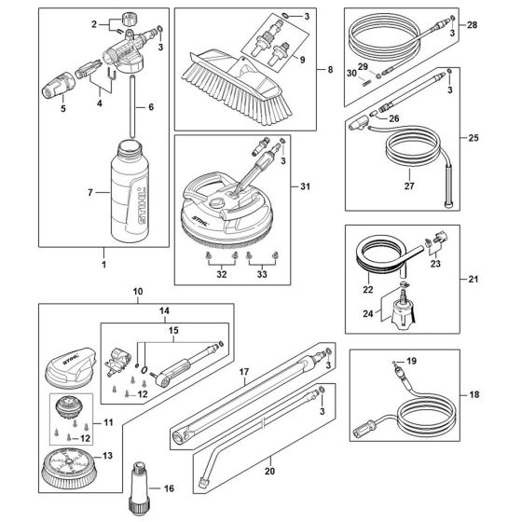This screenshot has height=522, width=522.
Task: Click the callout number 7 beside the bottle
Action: pyautogui.click(x=91, y=194)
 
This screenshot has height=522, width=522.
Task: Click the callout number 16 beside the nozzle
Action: pyautogui.click(x=168, y=487)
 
